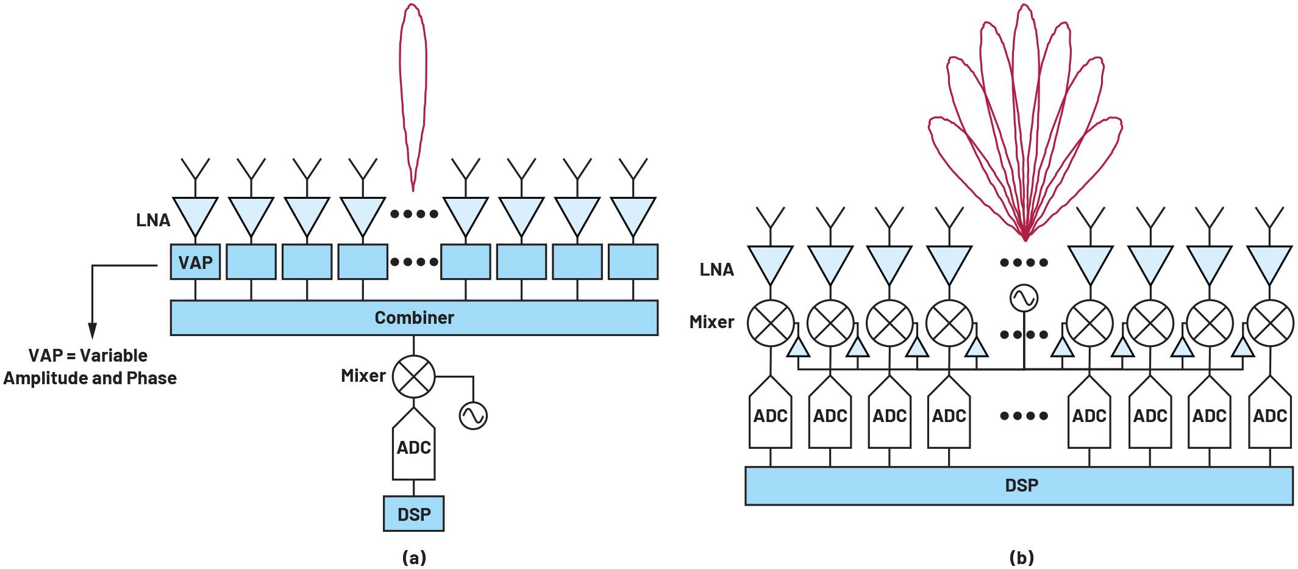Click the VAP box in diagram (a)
[x=195, y=262]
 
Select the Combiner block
[x=414, y=318]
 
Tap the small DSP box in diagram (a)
[x=414, y=514]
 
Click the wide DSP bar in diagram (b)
[x=1019, y=485]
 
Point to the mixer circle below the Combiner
[x=414, y=376]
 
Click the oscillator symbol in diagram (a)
[x=473, y=415]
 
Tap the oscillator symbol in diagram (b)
[x=1024, y=298]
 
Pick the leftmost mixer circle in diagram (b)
[x=771, y=323]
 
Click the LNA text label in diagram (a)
[x=153, y=220]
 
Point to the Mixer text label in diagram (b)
[x=711, y=322]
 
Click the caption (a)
[x=415, y=557]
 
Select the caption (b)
[x=1022, y=557]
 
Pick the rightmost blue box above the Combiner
[x=633, y=262]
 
